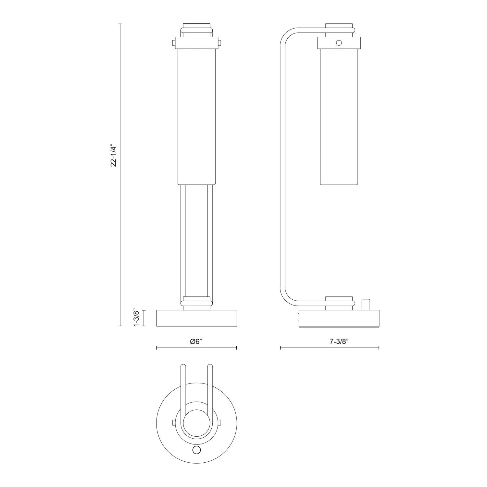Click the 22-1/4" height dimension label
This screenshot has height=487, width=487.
(113, 155)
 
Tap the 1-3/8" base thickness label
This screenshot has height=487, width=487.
(137, 318)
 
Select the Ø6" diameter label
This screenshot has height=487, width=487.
(196, 341)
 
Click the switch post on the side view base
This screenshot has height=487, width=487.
(366, 305)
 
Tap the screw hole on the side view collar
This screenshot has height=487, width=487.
(339, 43)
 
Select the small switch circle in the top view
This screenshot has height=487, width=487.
(196, 449)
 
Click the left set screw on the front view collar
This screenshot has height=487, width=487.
(173, 43)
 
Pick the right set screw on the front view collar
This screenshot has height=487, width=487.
(220, 43)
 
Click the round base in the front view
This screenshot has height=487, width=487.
(196, 318)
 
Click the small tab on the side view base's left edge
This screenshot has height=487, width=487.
(297, 317)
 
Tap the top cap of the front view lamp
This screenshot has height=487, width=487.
(196, 26)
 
